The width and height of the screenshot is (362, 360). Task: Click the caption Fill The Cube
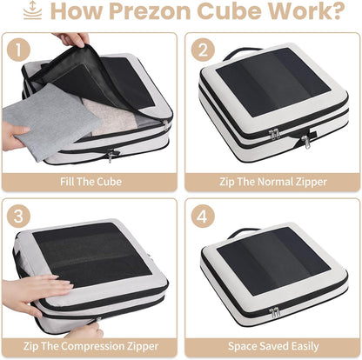click(x=90, y=183)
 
